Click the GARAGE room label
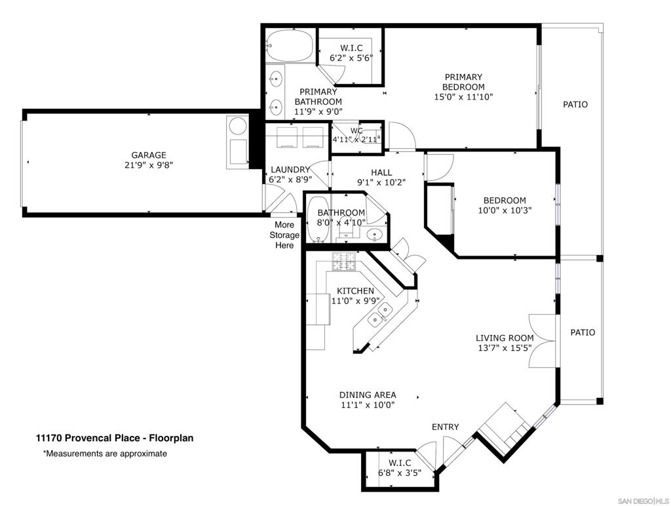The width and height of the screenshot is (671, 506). [x=149, y=155]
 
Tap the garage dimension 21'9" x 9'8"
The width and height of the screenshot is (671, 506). [x=149, y=165]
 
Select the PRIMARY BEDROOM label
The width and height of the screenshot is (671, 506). [x=463, y=82]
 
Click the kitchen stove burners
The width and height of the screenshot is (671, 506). [x=344, y=261]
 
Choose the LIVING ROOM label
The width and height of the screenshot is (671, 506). [x=505, y=338]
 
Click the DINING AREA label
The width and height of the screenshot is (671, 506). [x=368, y=395]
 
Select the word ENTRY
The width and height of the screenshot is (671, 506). [x=445, y=427]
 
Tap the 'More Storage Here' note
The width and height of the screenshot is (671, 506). [x=284, y=235]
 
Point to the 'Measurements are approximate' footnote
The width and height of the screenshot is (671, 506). [x=105, y=454]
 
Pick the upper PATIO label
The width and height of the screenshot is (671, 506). [x=575, y=104]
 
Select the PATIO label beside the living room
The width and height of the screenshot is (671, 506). [x=583, y=332]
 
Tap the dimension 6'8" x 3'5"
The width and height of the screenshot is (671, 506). [x=400, y=473]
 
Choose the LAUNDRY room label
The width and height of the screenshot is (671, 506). [x=290, y=170]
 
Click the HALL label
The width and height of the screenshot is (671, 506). [x=381, y=172]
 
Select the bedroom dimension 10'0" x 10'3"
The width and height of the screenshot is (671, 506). [x=505, y=210]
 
